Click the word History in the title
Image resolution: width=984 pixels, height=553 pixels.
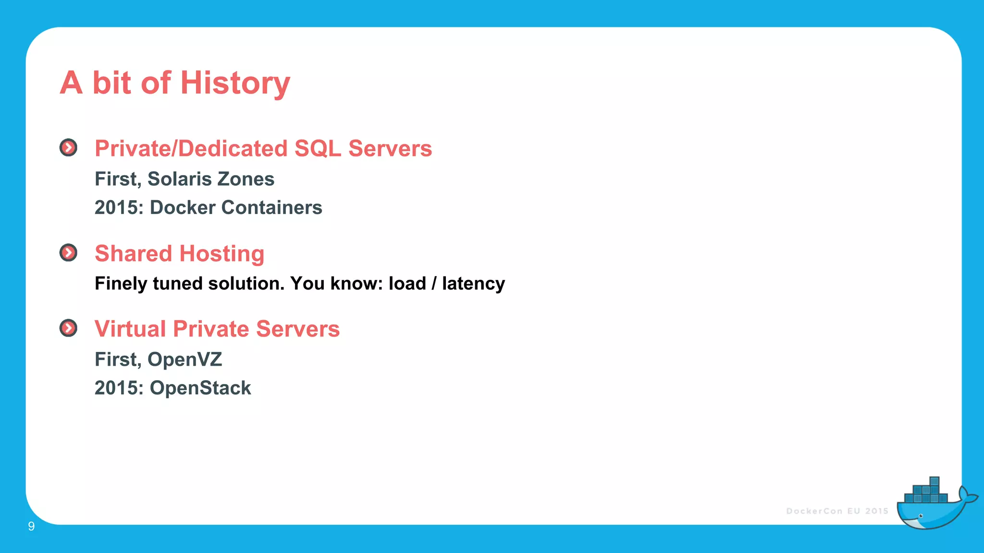(235, 83)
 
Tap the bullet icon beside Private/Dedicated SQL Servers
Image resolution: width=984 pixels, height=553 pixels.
(68, 148)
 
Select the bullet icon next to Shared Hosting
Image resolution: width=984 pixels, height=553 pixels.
(68, 252)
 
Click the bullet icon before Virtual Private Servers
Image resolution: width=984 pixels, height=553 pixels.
(68, 328)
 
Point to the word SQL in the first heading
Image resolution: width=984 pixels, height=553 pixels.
(318, 148)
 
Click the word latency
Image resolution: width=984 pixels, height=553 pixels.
(473, 284)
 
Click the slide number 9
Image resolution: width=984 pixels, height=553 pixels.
(31, 527)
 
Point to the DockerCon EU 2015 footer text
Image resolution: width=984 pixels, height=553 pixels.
(837, 511)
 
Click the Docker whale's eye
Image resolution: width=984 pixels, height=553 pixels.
(921, 516)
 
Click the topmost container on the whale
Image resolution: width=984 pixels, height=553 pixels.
(934, 481)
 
